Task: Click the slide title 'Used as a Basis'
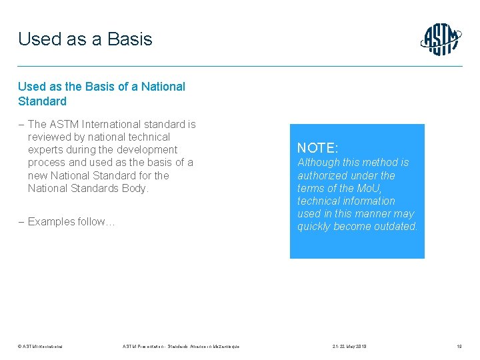[x=85, y=39]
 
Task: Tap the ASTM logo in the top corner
[x=441, y=40]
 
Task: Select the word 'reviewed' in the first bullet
[x=49, y=137]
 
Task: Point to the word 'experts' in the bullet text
[x=46, y=149]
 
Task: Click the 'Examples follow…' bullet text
[x=71, y=221]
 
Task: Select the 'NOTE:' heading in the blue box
[x=317, y=148]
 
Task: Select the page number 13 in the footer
[x=459, y=346]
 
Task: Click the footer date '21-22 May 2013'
[x=349, y=346]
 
